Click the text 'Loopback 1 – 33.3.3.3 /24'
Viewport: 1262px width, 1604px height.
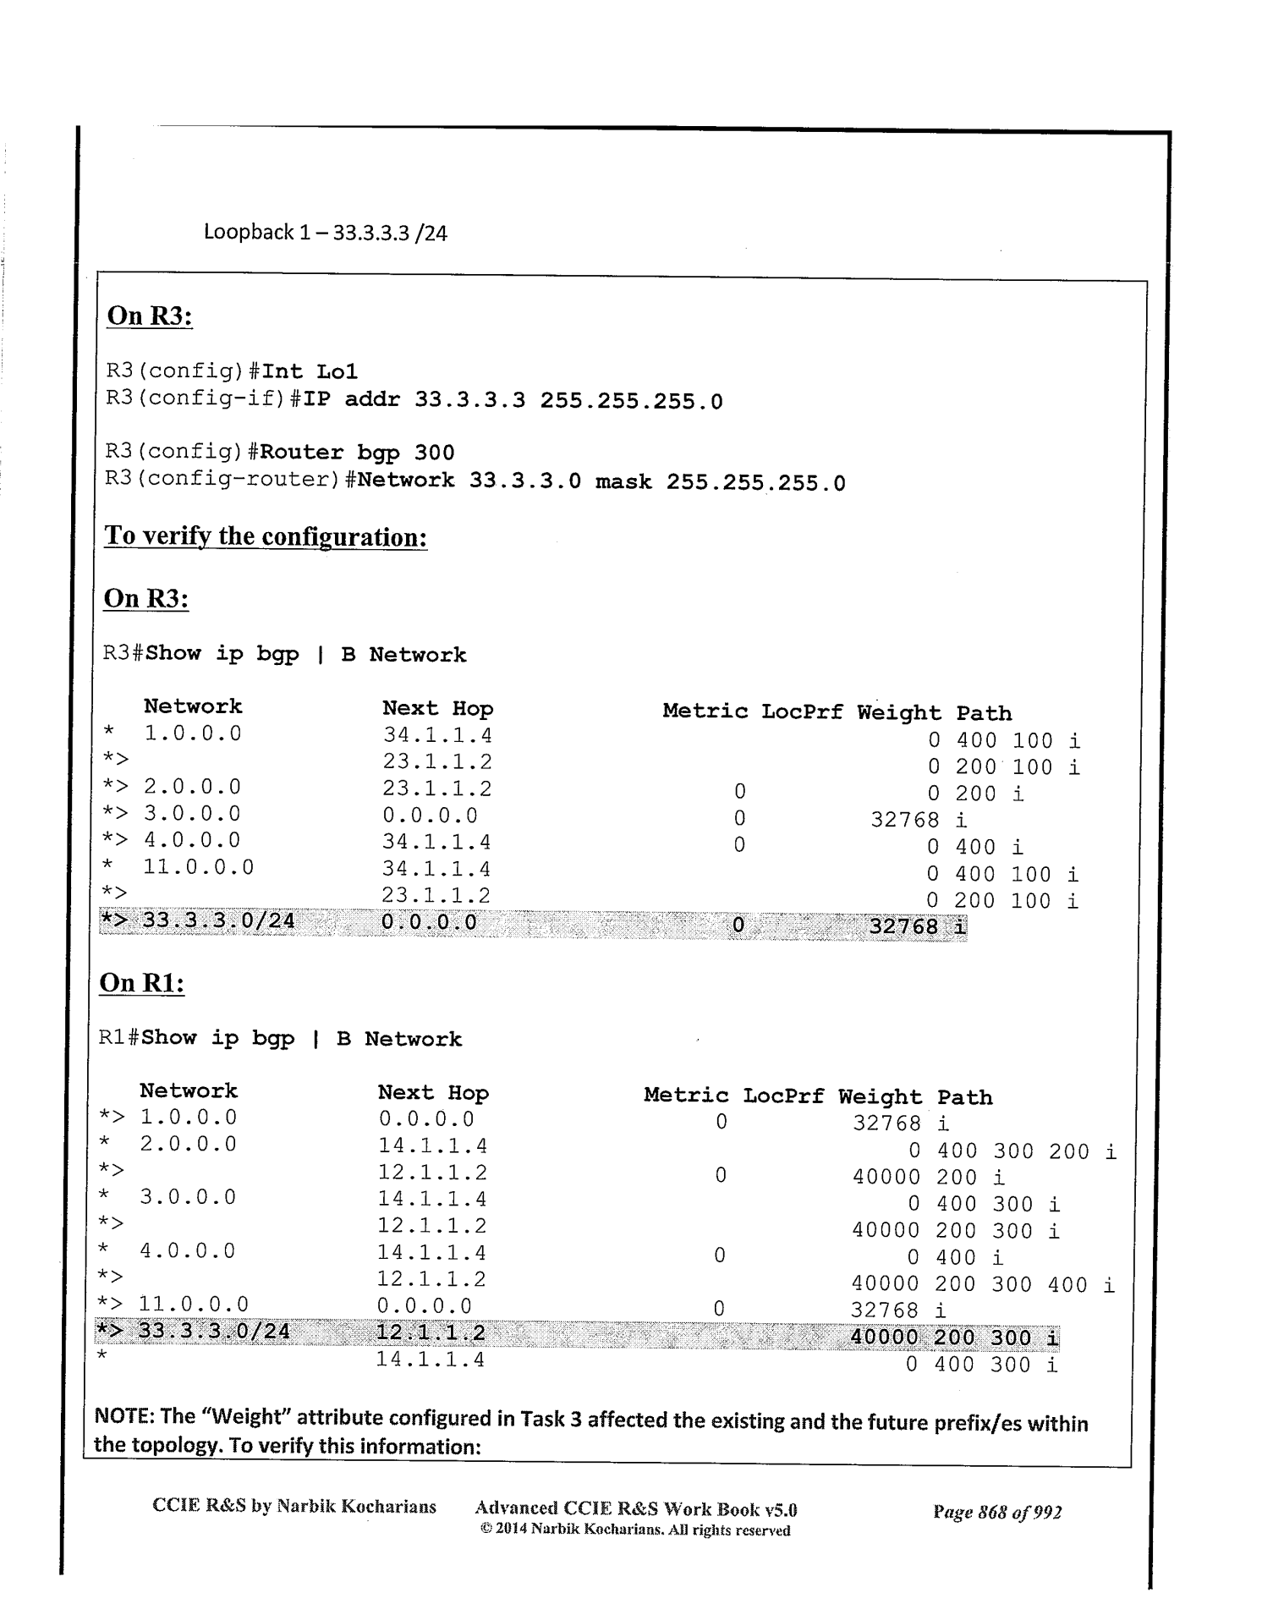[x=325, y=233]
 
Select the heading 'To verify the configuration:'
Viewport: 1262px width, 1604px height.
[x=265, y=536]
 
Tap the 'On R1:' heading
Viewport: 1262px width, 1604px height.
[x=142, y=982]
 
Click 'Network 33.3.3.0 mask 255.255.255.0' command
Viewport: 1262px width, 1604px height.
[x=601, y=482]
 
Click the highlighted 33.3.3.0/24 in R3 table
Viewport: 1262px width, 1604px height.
[x=218, y=920]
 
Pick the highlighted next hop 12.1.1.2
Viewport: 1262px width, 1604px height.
[x=431, y=1333]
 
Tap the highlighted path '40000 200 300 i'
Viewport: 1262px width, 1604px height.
[x=953, y=1338]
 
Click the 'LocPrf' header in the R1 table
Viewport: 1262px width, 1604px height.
[x=782, y=1096]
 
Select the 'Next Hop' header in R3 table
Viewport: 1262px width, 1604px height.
[x=437, y=708]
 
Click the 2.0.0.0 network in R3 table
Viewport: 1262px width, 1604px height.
[x=192, y=788]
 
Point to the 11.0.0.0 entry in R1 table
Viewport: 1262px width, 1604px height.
[x=194, y=1305]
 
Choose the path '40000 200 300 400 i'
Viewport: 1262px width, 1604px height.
[x=982, y=1285]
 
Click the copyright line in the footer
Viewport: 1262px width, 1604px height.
[x=634, y=1530]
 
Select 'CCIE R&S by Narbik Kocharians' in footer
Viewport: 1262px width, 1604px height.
[x=294, y=1507]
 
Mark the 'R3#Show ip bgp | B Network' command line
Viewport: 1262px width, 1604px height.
[x=284, y=654]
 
